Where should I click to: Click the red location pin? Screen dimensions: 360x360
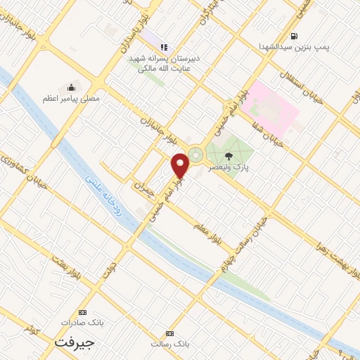[x=181, y=165]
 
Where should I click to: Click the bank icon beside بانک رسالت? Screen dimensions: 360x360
[x=169, y=333]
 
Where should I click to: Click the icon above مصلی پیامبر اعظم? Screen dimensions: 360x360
[x=71, y=88]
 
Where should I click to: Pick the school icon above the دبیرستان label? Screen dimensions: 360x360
[x=164, y=47]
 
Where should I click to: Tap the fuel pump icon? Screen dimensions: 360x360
[x=293, y=35]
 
